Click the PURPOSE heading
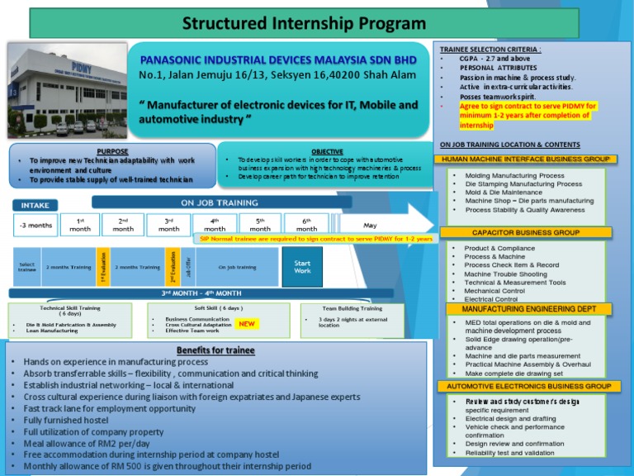coord(112,151)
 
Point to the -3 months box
coord(35,225)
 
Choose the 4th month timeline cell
coord(214,225)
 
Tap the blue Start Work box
coord(303,266)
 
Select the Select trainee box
coord(26,266)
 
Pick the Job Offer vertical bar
coord(188,266)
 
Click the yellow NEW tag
coord(246,325)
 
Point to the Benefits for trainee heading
coord(215,350)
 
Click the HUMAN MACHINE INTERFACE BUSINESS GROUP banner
coord(526,159)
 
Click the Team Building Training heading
coord(352,308)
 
